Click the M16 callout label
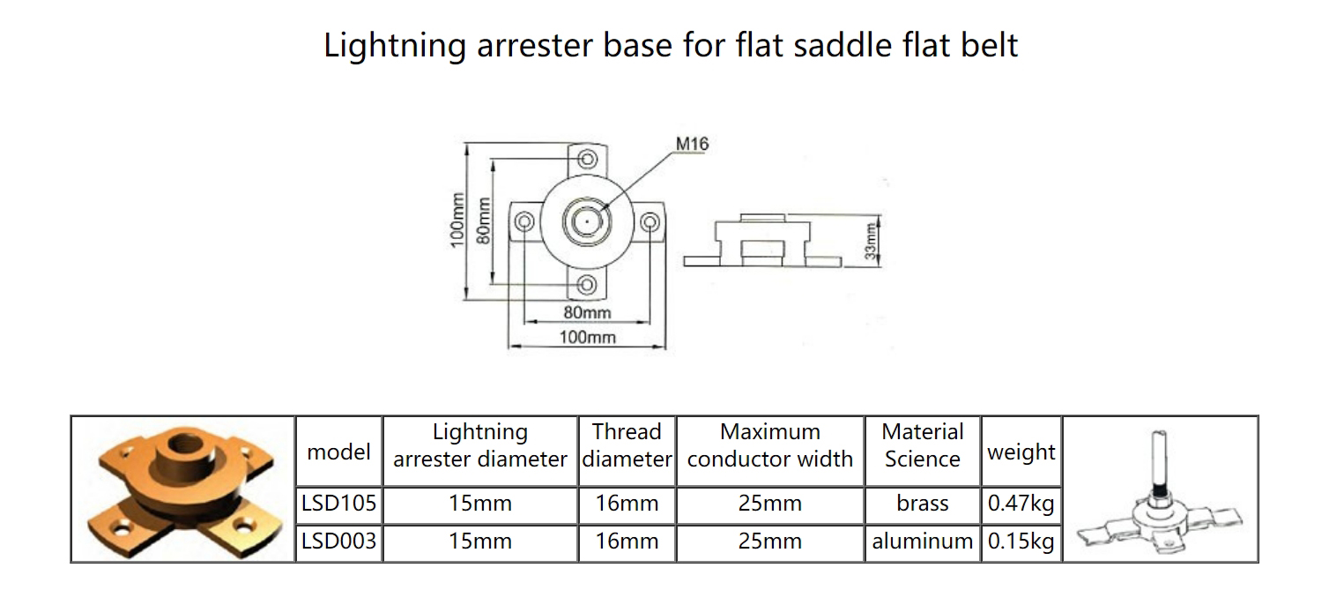[x=692, y=145]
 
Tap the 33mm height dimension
[x=870, y=241]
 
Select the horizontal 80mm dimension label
[x=587, y=312]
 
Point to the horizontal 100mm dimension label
[x=587, y=337]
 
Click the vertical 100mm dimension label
[x=457, y=220]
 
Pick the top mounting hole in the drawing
[x=587, y=159]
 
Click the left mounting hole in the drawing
[x=523, y=222]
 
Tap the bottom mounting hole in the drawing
[x=587, y=285]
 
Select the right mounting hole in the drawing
[x=650, y=222]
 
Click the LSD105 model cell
[x=338, y=504]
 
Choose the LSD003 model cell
[x=338, y=542]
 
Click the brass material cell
[x=923, y=504]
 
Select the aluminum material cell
[x=923, y=542]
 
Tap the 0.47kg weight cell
[x=1021, y=504]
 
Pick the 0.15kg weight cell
[x=1021, y=542]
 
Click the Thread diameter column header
[x=627, y=445]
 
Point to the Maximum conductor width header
[x=770, y=445]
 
